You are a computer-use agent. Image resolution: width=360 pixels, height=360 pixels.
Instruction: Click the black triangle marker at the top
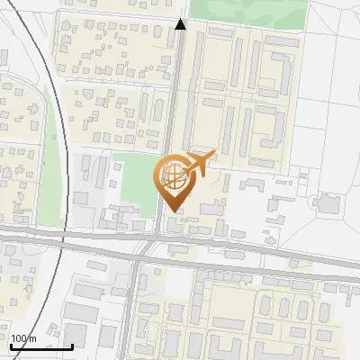pos(180,24)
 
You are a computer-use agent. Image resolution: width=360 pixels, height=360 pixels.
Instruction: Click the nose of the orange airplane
pos(213,155)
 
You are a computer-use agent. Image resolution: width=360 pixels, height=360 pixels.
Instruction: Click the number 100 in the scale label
pos(18,338)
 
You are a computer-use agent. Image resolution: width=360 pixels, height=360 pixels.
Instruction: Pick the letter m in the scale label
pos(32,338)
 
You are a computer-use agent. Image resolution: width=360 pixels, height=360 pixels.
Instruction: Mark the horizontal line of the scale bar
pos(40,346)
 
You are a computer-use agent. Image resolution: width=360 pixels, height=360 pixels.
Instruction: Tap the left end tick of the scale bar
pos(9,345)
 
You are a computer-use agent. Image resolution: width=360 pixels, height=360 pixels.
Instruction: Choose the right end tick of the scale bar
pos(72,345)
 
